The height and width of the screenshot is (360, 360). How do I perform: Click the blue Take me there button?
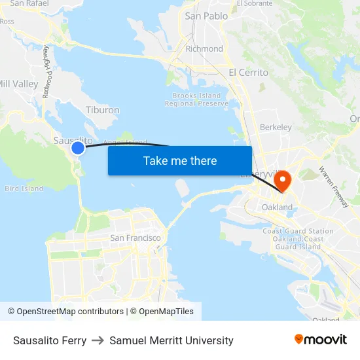point(180,160)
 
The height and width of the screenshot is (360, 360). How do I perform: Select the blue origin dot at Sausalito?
point(78,148)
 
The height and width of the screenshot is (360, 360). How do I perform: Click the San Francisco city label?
point(135,238)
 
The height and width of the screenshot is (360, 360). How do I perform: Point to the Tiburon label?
point(102,111)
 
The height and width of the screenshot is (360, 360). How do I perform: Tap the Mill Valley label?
point(18,84)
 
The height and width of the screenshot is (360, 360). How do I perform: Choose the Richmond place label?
point(204,48)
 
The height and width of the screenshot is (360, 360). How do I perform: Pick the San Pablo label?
point(206,16)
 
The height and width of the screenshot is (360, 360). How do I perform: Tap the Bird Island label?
point(24,189)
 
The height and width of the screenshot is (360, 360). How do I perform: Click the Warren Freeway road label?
point(333,187)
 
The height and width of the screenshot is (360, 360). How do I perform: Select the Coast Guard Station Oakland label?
point(298,239)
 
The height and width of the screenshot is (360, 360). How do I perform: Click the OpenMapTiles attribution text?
point(166,312)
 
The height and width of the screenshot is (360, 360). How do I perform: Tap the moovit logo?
point(321,340)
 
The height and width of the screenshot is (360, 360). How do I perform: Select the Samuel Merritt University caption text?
point(171,340)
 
